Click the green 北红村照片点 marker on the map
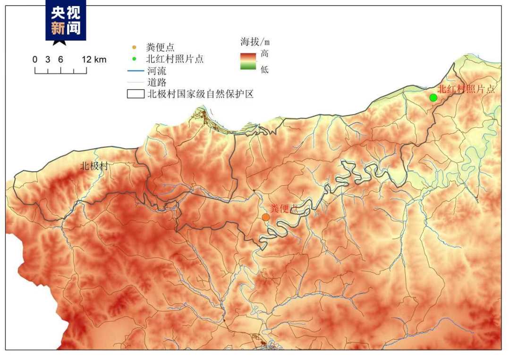point(433,98)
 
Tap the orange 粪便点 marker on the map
point(266,217)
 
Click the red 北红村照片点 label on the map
point(466,89)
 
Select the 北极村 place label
point(94,166)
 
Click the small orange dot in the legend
point(134,47)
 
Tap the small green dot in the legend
point(134,59)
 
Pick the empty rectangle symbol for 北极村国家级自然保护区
point(136,93)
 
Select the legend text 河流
point(156,72)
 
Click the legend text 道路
point(156,83)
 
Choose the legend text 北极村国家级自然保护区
point(201,94)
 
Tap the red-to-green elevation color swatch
point(247,61)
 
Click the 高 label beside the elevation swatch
point(264,54)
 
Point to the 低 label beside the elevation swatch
point(264,69)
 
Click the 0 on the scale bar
point(35,59)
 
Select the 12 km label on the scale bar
point(94,59)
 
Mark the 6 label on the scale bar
point(60,59)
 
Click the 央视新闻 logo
point(66,21)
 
